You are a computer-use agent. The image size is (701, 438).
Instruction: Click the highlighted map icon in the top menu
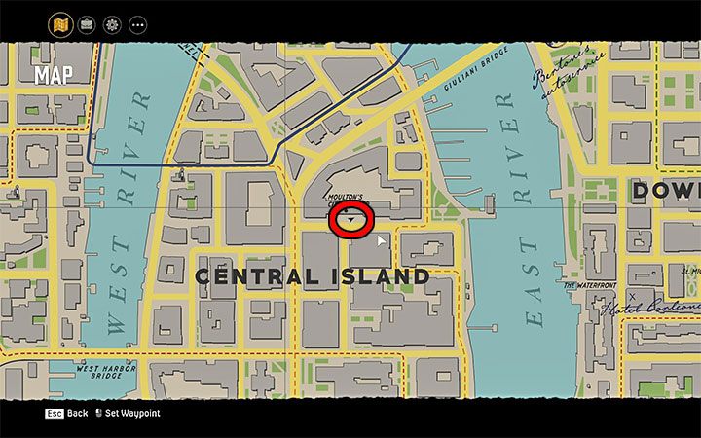[x=60, y=23]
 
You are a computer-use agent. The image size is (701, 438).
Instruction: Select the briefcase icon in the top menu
[x=86, y=23]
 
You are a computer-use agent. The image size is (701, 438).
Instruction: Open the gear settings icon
[x=112, y=23]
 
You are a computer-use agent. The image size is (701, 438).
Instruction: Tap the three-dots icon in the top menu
[x=137, y=23]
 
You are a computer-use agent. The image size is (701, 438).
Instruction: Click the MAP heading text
[x=54, y=75]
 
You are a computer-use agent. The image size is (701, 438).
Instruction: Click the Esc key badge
[x=55, y=414]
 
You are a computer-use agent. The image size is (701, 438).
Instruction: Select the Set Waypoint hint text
[x=133, y=414]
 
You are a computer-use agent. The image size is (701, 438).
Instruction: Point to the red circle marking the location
[x=351, y=220]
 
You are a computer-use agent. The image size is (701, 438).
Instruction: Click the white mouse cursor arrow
[x=382, y=239]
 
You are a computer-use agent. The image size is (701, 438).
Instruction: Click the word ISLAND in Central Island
[x=376, y=277]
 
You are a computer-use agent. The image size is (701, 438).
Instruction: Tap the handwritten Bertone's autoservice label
[x=567, y=88]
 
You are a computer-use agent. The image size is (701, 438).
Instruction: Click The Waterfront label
[x=590, y=285]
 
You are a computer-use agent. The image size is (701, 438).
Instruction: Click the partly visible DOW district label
[x=666, y=191]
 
